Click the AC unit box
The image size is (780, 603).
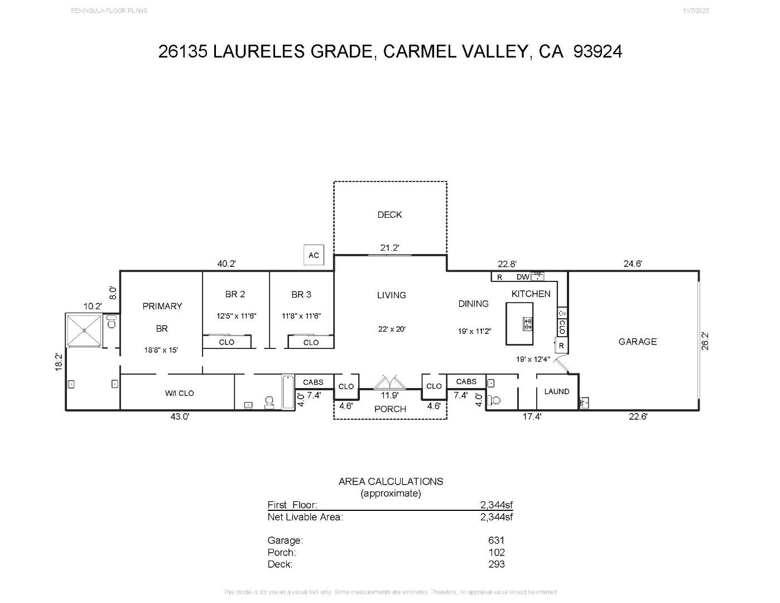point(314,255)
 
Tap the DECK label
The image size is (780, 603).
point(389,214)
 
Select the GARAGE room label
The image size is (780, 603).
point(637,341)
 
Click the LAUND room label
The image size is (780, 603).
point(556,391)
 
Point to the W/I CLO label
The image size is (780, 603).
point(179,393)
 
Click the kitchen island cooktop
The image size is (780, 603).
point(527,323)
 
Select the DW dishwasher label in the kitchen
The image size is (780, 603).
point(522,277)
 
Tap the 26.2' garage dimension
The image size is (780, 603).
point(705,341)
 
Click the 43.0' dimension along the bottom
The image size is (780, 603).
point(180,417)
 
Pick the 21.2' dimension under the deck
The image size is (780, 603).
point(389,247)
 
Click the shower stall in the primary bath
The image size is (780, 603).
point(84,331)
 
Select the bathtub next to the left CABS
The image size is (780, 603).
point(288,392)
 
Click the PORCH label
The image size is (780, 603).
point(390,409)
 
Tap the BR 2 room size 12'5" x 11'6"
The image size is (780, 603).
point(236,315)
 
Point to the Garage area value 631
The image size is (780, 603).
point(496,540)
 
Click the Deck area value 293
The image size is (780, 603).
point(496,564)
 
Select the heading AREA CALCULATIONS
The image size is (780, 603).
point(391,481)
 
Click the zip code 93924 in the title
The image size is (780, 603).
point(598,51)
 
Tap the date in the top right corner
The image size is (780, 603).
point(696,11)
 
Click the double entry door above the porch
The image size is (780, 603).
point(389,382)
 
